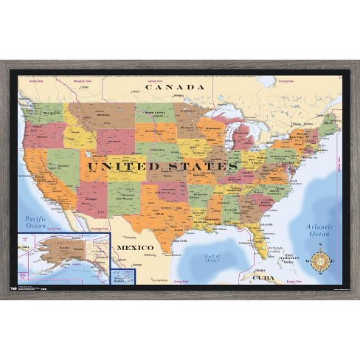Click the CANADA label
point(174,87)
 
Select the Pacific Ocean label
point(35,223)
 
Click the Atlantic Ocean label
point(320,229)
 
